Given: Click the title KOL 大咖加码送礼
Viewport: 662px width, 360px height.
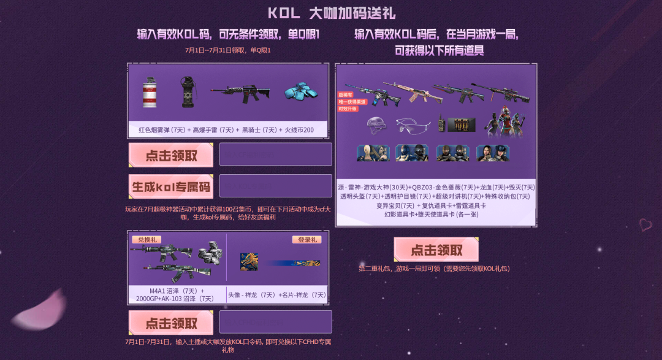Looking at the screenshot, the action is (331, 13).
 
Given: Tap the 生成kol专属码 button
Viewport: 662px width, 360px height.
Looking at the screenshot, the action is (170, 186).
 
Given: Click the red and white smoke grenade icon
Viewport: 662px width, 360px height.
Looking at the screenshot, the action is (150, 93).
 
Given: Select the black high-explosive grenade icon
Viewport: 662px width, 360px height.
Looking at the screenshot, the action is (187, 92).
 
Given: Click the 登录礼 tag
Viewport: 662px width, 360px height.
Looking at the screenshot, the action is (306, 240).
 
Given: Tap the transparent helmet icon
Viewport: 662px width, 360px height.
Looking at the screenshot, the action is (376, 125).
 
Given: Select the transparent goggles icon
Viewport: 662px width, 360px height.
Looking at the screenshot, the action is (409, 126).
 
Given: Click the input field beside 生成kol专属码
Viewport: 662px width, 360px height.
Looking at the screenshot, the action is (275, 186).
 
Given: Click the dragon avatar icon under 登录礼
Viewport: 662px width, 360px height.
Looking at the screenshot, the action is (249, 262).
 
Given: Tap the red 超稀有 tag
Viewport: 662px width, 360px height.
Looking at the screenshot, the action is (346, 95).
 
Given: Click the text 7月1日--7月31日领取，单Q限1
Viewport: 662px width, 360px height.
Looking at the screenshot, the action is (227, 50).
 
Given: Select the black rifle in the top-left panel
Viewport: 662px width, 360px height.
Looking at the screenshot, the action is (240, 93).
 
